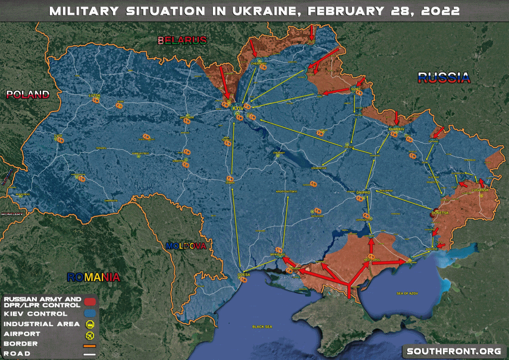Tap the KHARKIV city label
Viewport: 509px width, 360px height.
pyautogui.click(x=394, y=129)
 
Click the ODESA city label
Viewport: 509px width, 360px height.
pyautogui.click(x=244, y=274)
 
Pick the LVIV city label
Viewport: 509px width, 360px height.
pyautogui.click(x=58, y=135)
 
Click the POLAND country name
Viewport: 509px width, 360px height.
pyautogui.click(x=28, y=94)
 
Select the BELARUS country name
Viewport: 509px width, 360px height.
pyautogui.click(x=182, y=40)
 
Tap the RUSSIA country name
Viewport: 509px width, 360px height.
pyautogui.click(x=443, y=77)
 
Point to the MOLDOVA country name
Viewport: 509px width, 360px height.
pyautogui.click(x=186, y=246)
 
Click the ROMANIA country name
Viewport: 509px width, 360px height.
pyautogui.click(x=94, y=277)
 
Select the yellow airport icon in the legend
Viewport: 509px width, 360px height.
pyautogui.click(x=90, y=334)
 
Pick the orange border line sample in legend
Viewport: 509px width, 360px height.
pyautogui.click(x=90, y=344)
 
